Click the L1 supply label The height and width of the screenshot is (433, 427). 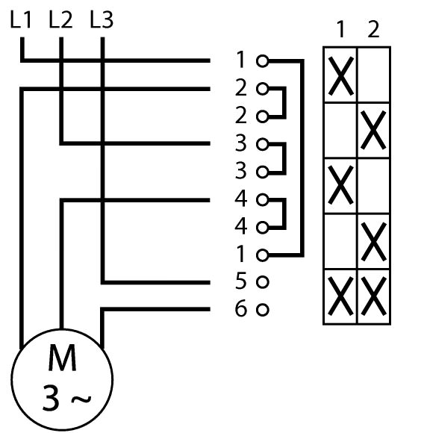coord(21,19)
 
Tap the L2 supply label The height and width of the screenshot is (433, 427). coord(60,19)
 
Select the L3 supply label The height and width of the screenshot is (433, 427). coord(102,19)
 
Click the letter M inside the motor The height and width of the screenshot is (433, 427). coord(62,358)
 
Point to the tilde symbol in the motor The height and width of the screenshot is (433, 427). coord(81,399)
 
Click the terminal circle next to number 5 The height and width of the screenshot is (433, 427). coord(262,282)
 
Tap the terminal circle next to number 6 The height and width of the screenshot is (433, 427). coord(262,310)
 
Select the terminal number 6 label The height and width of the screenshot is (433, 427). coord(240,308)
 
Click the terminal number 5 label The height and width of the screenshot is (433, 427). coord(240,281)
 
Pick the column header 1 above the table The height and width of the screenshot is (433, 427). coord(341,29)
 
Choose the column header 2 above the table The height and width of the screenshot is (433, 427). coord(373,29)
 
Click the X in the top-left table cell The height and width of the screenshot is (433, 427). coord(341,75)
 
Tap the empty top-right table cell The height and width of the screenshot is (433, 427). coord(374,75)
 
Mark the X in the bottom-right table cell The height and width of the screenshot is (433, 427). coord(373,296)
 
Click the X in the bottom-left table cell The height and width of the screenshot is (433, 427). coord(341,296)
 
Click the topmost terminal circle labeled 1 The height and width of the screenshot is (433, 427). coord(262,61)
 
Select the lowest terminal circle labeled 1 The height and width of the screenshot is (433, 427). coord(262,255)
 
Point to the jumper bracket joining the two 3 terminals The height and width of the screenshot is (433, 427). coord(284,158)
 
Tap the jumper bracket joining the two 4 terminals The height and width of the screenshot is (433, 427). coord(284,214)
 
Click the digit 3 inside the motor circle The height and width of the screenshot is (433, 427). coord(51,398)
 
